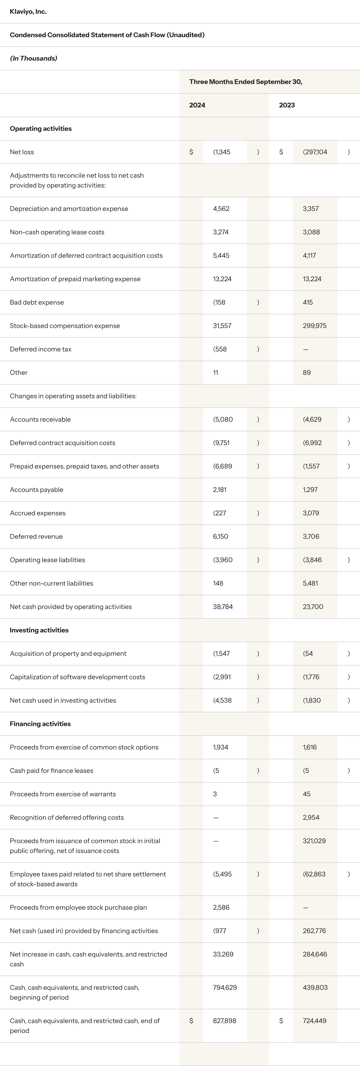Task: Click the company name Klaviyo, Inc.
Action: click(x=28, y=12)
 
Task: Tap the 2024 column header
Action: click(x=197, y=105)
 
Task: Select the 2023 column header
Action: click(x=287, y=105)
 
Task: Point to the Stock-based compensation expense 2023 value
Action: click(x=314, y=326)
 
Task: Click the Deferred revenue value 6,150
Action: click(x=220, y=536)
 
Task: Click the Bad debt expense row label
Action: click(x=37, y=302)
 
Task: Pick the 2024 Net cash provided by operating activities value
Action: click(x=223, y=607)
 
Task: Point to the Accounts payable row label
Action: click(x=36, y=489)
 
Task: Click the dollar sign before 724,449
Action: click(x=281, y=1020)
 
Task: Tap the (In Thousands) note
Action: click(x=33, y=58)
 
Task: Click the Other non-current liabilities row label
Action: click(x=51, y=583)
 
